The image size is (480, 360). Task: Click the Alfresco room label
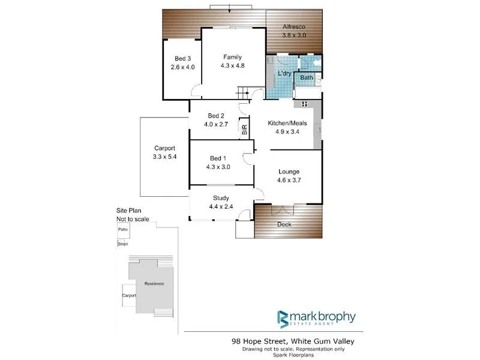point(294,27)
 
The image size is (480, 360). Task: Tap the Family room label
point(233,57)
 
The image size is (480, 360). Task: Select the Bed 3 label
point(183,58)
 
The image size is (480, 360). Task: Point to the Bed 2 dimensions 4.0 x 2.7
point(216,124)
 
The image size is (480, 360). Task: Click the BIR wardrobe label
point(244,128)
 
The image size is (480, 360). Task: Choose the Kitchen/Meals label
point(287,123)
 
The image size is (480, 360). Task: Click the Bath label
point(307,78)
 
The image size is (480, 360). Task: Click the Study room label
point(221,198)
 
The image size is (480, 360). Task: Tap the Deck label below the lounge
point(284,224)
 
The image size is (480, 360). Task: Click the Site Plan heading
point(130,211)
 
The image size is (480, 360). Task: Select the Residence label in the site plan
point(154,284)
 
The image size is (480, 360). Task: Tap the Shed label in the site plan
point(123,244)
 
